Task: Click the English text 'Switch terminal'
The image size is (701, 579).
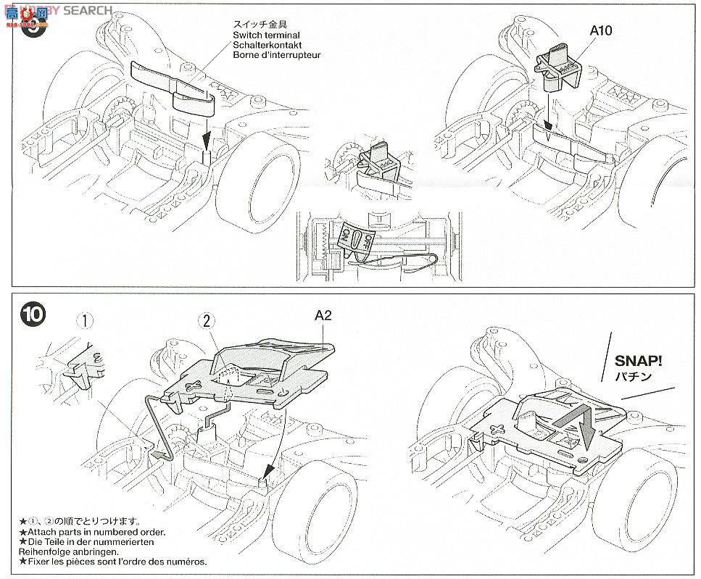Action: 266,35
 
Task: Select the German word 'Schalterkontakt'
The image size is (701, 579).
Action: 266,45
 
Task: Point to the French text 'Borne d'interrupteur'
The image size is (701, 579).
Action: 276,55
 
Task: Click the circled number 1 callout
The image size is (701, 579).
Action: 87,321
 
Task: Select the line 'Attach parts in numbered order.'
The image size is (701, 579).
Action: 93,532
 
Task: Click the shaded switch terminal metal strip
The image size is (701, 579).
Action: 170,85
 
